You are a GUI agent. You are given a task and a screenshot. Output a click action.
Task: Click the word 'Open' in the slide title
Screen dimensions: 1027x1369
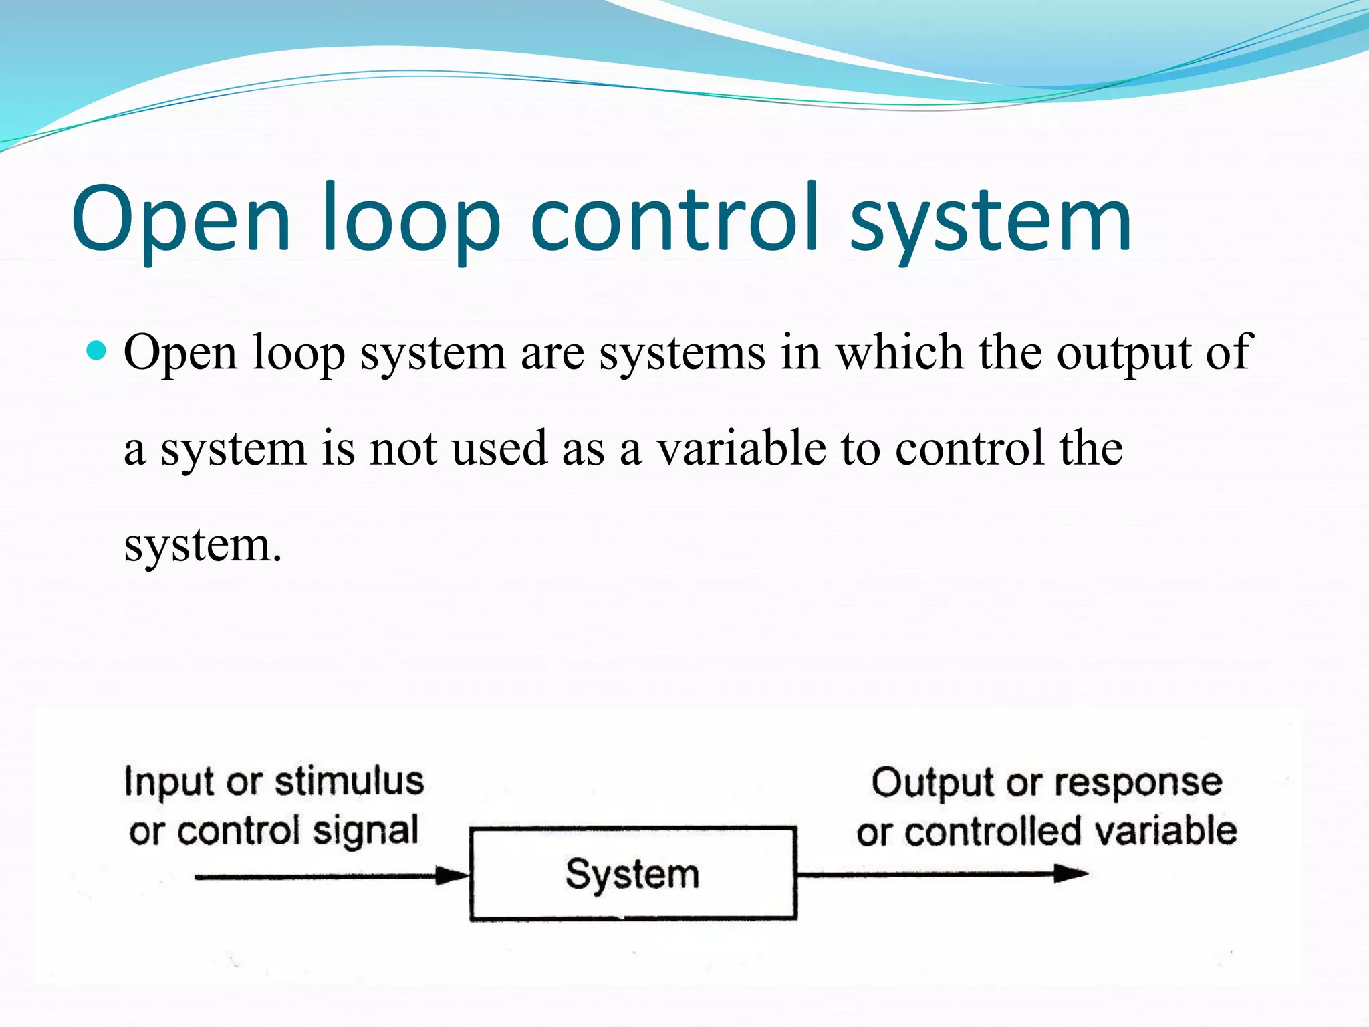click(x=180, y=221)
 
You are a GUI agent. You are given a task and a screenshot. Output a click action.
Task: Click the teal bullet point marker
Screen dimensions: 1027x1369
click(x=98, y=350)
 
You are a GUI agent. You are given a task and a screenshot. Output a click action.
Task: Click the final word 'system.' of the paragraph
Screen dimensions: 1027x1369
click(x=203, y=546)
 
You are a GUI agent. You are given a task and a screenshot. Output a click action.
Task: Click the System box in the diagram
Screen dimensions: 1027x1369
click(x=632, y=874)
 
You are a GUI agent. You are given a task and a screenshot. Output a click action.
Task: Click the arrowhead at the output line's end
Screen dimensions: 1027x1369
click(x=1071, y=873)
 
